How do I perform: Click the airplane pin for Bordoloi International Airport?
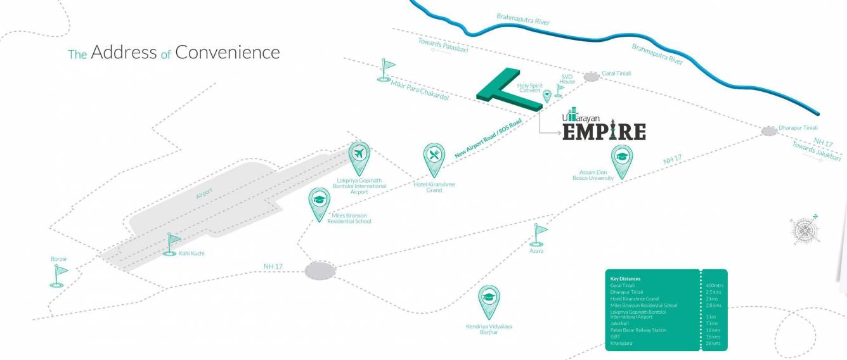(359, 155)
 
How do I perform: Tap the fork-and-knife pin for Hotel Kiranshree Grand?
(434, 157)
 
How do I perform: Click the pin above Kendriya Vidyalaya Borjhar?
(489, 300)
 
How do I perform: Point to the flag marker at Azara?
(540, 234)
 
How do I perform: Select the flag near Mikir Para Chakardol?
(385, 70)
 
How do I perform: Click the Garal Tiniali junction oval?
(592, 77)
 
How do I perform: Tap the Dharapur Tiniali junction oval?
(769, 131)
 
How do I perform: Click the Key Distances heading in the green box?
(625, 279)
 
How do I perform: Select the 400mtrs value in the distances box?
(714, 286)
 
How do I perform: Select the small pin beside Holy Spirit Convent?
(547, 96)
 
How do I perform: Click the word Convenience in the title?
(228, 52)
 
